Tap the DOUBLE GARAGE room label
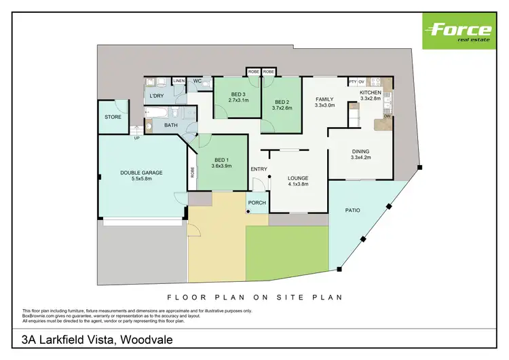[x=141, y=173]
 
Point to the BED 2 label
[x=282, y=94]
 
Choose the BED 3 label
[x=238, y=94]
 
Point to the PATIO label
[x=351, y=210]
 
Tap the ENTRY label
[x=259, y=168]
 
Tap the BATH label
[x=170, y=125]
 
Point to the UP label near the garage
[x=136, y=138]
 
